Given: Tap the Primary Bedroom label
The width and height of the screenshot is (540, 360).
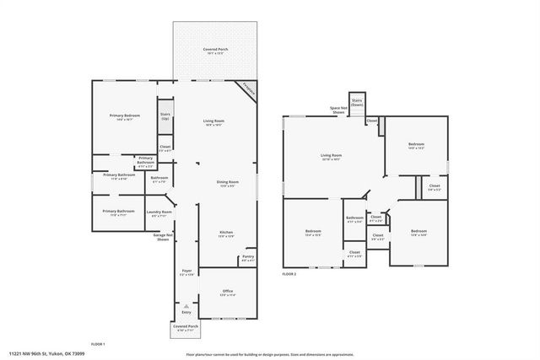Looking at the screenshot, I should coord(124,116).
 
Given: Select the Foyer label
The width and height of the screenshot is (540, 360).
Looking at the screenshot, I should coord(187,271).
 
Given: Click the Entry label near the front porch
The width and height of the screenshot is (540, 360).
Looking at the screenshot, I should coord(186,311).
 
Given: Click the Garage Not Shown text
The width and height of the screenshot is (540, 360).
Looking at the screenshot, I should coord(163,238).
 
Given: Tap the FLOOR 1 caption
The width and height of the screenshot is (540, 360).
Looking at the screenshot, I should coord(98,344).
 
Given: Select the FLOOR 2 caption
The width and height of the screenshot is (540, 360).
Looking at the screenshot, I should coord(289,274).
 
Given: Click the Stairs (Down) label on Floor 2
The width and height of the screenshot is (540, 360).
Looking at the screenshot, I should coord(357,101).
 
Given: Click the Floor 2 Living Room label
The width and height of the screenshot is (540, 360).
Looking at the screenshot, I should coord(331,155).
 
